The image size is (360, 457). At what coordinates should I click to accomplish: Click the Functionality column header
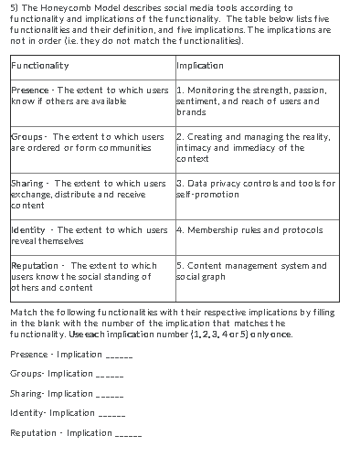coord(40,66)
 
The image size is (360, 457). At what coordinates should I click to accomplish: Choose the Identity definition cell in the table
coord(89,235)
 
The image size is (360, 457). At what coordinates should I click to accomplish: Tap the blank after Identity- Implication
coord(111,414)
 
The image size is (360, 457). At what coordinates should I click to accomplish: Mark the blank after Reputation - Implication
coord(128,434)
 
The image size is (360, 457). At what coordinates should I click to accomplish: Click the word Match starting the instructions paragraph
coord(22,313)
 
